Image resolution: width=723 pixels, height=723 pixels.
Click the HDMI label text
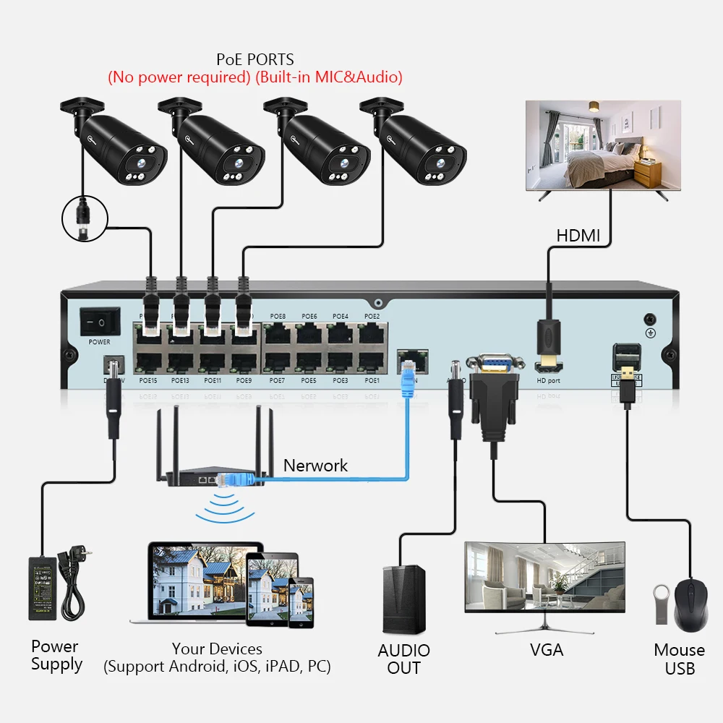pyautogui.click(x=578, y=236)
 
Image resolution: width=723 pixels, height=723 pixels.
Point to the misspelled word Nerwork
pyautogui.click(x=315, y=466)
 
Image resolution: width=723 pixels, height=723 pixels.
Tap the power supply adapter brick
pyautogui.click(x=45, y=587)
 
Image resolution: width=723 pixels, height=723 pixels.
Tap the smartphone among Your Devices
pyautogui.click(x=300, y=603)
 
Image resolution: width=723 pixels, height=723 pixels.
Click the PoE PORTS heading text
pyautogui.click(x=255, y=59)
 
